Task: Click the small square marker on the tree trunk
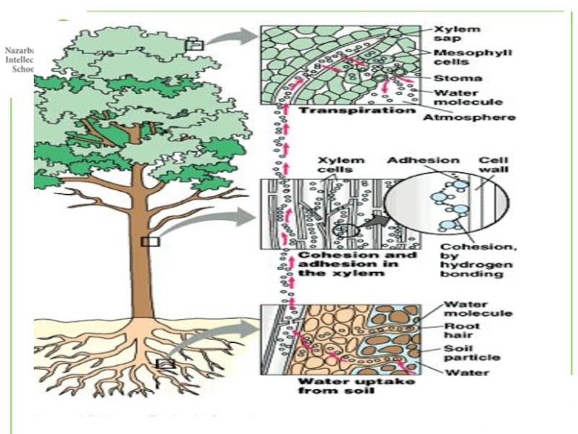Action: (x=150, y=242)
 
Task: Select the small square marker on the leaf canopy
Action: (x=194, y=45)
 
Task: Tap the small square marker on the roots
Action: (x=165, y=364)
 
